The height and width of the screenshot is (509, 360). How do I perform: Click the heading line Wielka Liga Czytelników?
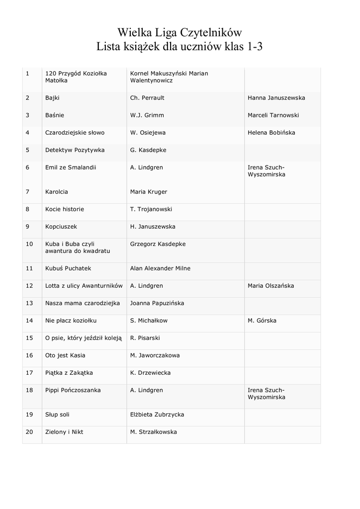pos(180,33)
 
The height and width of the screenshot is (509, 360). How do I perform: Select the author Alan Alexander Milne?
pos(160,268)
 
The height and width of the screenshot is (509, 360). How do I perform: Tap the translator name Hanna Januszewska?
pos(276,98)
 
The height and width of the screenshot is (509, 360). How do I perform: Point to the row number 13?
pos(29,303)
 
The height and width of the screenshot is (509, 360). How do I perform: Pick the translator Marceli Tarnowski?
pos(273,115)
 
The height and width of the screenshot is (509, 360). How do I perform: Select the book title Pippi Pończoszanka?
pos(73,390)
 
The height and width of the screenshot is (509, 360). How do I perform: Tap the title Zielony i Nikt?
pos(64,432)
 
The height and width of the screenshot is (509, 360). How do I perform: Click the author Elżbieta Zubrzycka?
pos(157,415)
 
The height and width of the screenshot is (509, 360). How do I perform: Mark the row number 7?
pos(27,192)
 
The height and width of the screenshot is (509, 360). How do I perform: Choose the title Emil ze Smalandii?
pos(71,168)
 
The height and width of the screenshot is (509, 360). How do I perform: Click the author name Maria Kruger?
pos(148,192)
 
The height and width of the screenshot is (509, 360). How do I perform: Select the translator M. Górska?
pos(262,321)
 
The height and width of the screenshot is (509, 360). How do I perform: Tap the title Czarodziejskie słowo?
pos(75,133)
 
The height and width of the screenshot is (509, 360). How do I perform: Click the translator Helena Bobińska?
pos(271,133)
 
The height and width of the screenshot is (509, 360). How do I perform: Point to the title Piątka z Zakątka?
pos(69,373)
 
